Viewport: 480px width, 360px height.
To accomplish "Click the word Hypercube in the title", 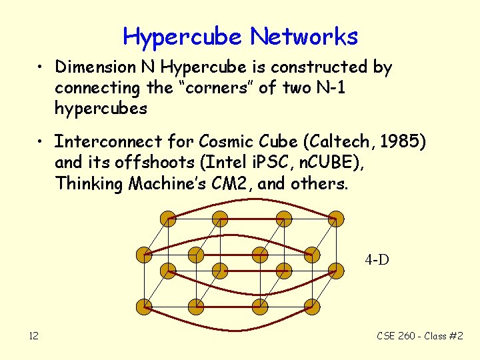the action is [x=181, y=37].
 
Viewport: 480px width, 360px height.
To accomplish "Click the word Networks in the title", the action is [x=303, y=37].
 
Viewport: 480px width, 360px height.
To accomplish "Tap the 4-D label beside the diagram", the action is [x=377, y=260].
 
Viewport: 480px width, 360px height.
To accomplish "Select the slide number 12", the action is [x=33, y=335].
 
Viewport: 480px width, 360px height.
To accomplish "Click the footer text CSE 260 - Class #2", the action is [x=420, y=335].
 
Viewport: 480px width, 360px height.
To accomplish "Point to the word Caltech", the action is [x=297, y=141].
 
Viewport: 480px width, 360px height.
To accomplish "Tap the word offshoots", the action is [x=144, y=163].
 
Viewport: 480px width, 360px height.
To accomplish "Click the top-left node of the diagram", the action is [x=169, y=218].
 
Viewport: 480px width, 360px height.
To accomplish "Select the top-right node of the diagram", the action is [x=337, y=218].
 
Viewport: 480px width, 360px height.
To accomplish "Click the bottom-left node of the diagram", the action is [x=143, y=307].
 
